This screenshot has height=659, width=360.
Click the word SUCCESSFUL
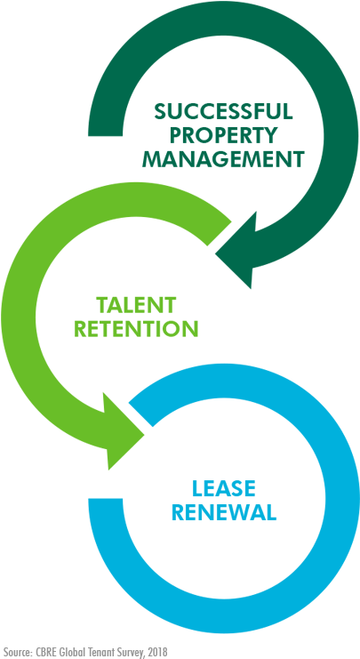pos(223,111)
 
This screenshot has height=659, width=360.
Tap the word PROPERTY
pos(223,135)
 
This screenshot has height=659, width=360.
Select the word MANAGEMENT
pos(223,159)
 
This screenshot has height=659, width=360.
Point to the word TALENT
pos(136,305)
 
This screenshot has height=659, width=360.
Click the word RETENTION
pos(136,329)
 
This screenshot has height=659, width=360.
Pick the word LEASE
pos(223,488)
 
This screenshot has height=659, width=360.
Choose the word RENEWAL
pos(223,512)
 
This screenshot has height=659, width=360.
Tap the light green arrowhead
pos(123,432)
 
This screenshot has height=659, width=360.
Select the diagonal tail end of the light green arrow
pos(219,232)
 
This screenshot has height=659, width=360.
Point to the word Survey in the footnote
pos(128,653)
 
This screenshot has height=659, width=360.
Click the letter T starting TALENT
pos(102,305)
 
